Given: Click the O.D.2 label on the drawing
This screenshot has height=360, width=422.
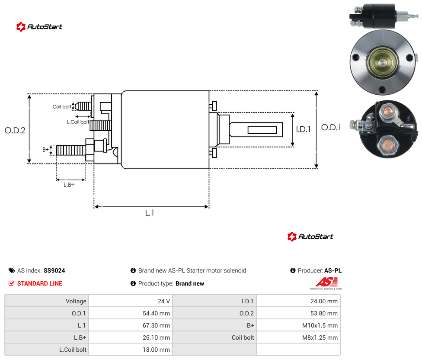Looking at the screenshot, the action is pyautogui.click(x=15, y=130).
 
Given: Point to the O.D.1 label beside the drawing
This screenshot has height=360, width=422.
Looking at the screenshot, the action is pyautogui.click(x=331, y=127).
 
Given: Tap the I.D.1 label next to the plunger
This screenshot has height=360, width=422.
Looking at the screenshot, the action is pyautogui.click(x=304, y=129).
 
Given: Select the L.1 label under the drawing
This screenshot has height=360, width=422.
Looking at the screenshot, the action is pyautogui.click(x=150, y=213).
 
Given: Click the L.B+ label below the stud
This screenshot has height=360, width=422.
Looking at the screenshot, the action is pyautogui.click(x=69, y=185).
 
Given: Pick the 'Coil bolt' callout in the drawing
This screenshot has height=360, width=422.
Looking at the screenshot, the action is pyautogui.click(x=62, y=106).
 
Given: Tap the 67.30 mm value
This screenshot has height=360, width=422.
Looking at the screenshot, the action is pyautogui.click(x=157, y=325).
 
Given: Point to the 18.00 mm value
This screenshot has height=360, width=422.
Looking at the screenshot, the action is pyautogui.click(x=157, y=350).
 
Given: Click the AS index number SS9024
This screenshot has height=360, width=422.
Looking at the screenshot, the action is pyautogui.click(x=54, y=270).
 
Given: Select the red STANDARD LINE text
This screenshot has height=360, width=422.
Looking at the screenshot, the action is pyautogui.click(x=40, y=283).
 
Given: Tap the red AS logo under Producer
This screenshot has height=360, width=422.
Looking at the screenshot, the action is pyautogui.click(x=326, y=283).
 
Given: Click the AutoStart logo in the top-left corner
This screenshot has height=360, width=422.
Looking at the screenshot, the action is pyautogui.click(x=39, y=27).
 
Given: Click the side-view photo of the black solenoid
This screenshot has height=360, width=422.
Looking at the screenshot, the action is pyautogui.click(x=384, y=16).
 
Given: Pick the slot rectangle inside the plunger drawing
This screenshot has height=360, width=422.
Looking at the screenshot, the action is pyautogui.click(x=262, y=130).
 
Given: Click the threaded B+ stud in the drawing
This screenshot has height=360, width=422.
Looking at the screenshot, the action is pyautogui.click(x=71, y=150).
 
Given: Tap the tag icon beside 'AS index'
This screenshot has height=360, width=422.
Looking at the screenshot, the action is pyautogui.click(x=12, y=270).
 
